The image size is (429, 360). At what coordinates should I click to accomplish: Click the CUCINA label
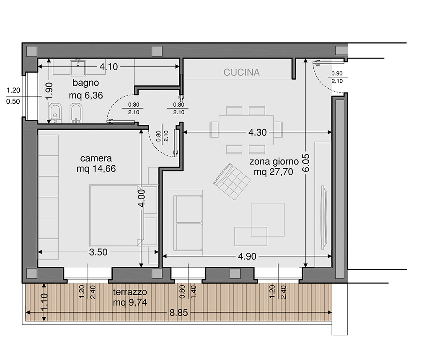(x=241, y=72)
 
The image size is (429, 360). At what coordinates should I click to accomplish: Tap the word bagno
(x=85, y=82)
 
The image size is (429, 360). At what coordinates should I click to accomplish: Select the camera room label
(x=96, y=158)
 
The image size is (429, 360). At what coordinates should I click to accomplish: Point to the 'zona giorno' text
(x=274, y=162)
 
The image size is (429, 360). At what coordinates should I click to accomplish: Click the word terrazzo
(x=130, y=292)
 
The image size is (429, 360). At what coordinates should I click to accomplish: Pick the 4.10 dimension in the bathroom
(x=109, y=67)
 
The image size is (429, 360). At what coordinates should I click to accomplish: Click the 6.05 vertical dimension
(x=306, y=163)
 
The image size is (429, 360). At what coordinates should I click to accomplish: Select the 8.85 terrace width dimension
(x=178, y=313)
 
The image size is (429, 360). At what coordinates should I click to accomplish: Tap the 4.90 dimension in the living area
(x=247, y=257)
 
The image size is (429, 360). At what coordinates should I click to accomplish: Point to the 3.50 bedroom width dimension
(x=98, y=252)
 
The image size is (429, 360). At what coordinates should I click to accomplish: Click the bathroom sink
(x=78, y=68)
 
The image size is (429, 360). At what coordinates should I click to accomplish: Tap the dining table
(x=246, y=130)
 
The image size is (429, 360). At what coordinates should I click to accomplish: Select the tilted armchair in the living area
(x=232, y=181)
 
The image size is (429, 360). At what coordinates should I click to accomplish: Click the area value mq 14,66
(x=96, y=169)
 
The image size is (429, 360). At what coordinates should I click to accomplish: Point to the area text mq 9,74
(x=130, y=302)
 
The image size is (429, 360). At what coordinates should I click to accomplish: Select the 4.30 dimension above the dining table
(x=258, y=132)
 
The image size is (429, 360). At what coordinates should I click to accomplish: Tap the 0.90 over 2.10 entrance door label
(x=337, y=77)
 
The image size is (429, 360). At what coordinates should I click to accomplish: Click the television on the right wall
(x=324, y=217)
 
